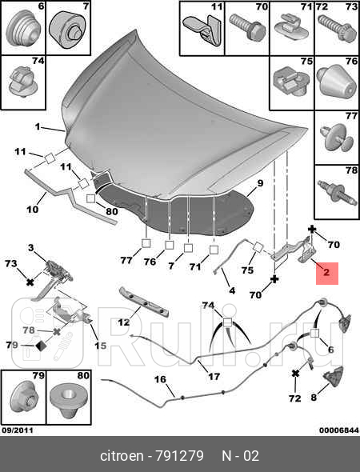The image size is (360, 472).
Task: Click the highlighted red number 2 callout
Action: point(327,274)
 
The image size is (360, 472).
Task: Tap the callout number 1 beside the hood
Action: point(38,127)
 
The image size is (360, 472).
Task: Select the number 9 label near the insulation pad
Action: point(260,183)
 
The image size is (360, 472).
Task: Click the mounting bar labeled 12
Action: point(144,302)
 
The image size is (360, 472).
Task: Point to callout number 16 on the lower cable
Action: point(160,379)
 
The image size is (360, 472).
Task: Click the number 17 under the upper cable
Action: point(214,376)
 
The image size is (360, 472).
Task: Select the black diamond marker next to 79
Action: point(41,346)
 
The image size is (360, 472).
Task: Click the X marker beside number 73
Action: point(30,282)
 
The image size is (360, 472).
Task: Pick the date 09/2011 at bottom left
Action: point(18,430)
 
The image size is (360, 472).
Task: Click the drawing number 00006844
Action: point(339,430)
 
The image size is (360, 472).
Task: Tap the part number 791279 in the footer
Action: point(179,456)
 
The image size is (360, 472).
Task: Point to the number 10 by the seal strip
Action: point(32,209)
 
